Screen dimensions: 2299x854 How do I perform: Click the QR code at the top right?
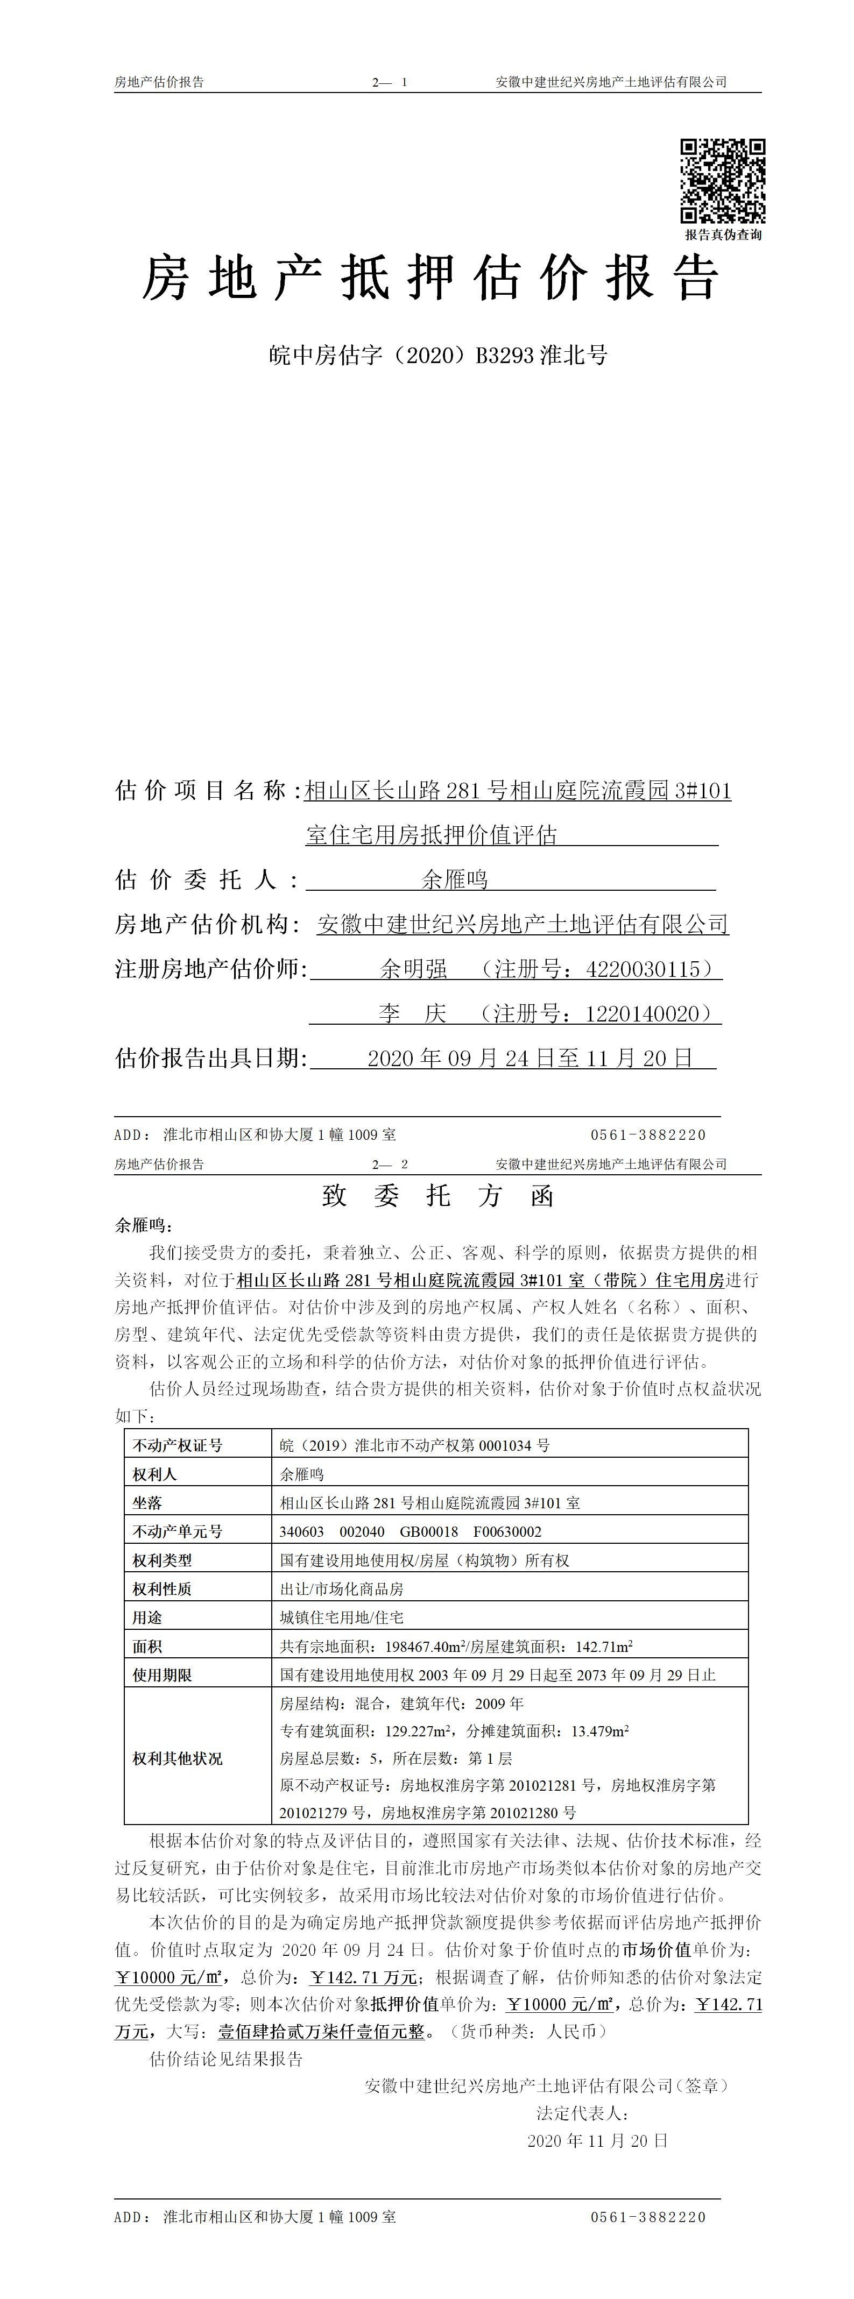pos(723,181)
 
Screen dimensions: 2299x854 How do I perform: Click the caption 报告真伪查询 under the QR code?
pos(723,235)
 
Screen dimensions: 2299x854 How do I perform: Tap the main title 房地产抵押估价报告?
pos(431,278)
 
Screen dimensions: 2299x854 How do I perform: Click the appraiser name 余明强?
pos(414,968)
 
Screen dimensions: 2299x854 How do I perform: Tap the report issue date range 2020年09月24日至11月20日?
pos(530,1059)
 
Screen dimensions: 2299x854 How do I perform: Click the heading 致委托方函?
pos(437,1196)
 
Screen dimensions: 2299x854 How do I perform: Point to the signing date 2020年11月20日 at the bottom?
pos(597,2140)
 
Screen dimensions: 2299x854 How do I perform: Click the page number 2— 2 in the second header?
pos(390,1164)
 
